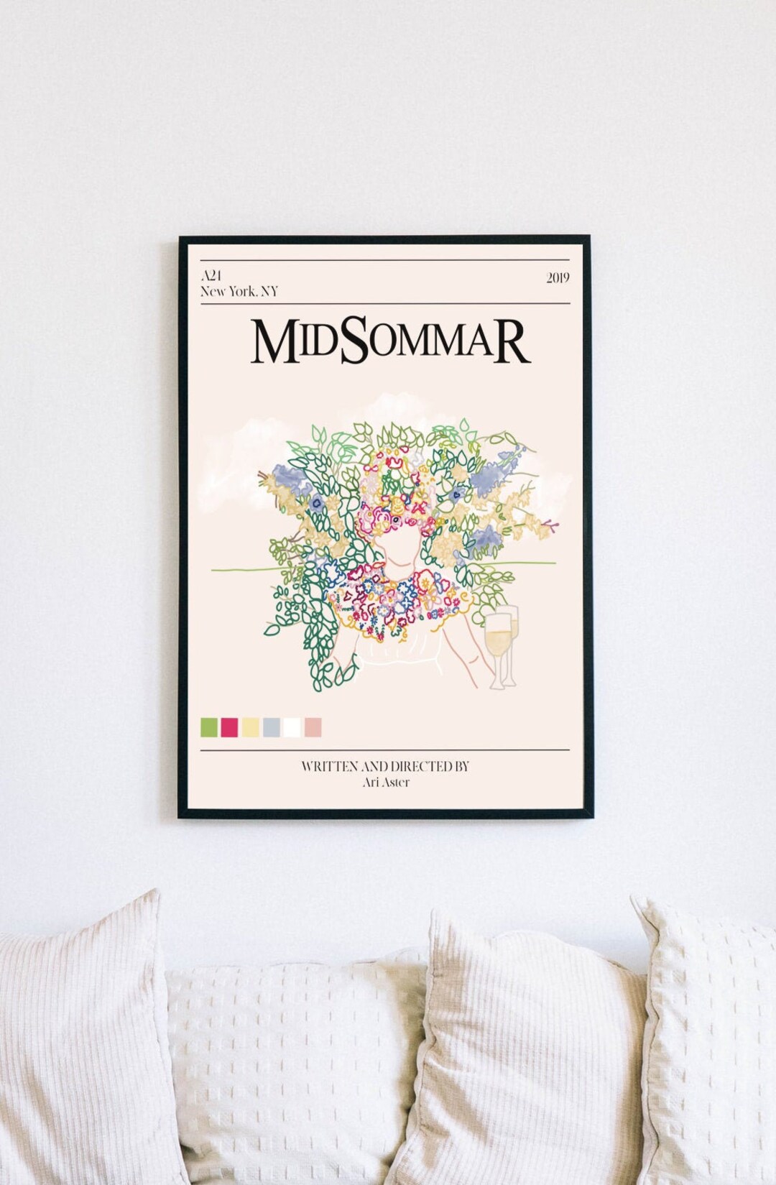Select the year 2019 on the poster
pyautogui.click(x=558, y=278)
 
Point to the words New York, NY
pyautogui.click(x=239, y=292)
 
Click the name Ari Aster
pyautogui.click(x=386, y=782)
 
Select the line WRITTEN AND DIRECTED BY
pyautogui.click(x=385, y=767)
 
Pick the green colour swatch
pyautogui.click(x=209, y=727)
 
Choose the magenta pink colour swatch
pyautogui.click(x=230, y=727)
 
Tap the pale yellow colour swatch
pyautogui.click(x=251, y=727)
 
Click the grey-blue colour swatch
pyautogui.click(x=272, y=727)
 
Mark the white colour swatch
pyautogui.click(x=292, y=727)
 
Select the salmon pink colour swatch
pyautogui.click(x=313, y=727)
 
